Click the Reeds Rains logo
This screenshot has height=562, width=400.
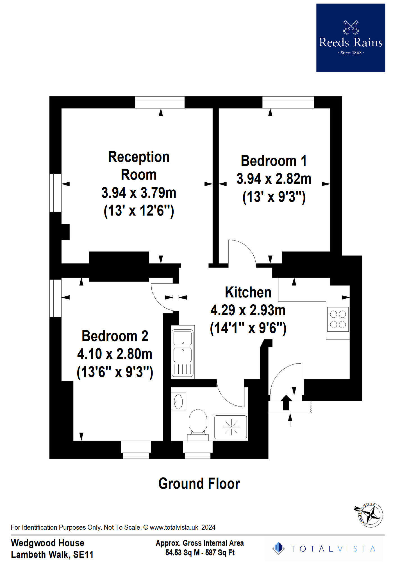[x=351, y=38]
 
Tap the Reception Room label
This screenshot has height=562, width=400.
[x=139, y=166]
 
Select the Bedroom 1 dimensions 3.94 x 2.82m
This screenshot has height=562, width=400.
[x=274, y=179]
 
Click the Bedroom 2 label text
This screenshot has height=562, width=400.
[x=115, y=336]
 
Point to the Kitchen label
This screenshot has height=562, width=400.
[x=248, y=292]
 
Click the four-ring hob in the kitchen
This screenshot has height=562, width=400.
[x=338, y=319]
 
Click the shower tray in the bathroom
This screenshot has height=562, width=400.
[x=231, y=427]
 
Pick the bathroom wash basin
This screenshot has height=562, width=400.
[x=179, y=402]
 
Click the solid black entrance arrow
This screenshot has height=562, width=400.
[x=286, y=402]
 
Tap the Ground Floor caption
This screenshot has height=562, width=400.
[x=199, y=484]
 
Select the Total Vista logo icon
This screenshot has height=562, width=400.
[x=278, y=548]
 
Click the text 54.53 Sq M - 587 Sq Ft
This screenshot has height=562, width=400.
[x=200, y=552]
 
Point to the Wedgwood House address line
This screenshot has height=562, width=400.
[x=47, y=543]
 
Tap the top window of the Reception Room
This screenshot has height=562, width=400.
[x=160, y=102]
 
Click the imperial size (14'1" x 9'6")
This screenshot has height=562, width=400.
[x=248, y=328]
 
